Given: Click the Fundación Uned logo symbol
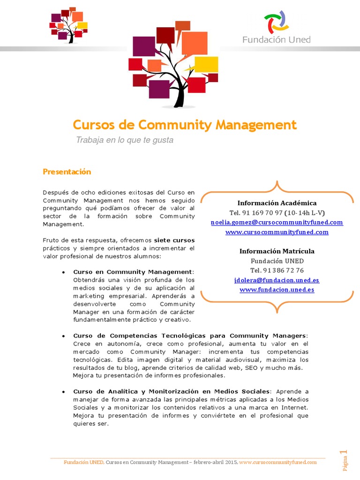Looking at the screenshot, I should (x=277, y=22).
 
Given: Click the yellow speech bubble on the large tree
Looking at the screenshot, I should (x=206, y=64).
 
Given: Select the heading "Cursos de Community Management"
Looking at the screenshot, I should (x=185, y=125).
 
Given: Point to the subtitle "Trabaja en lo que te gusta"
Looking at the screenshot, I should (x=125, y=140).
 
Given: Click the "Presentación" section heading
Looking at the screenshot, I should (x=67, y=172).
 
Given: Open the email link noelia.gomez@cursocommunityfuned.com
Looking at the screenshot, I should (x=277, y=222).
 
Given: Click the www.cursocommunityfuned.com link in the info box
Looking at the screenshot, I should (x=277, y=232).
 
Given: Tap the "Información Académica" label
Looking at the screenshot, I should (x=277, y=203).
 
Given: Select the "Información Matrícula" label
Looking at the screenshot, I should (x=277, y=251).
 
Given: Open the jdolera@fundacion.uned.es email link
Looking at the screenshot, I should (x=277, y=280).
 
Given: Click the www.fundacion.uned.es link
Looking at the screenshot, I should (x=277, y=290).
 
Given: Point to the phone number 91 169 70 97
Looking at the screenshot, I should (x=262, y=213).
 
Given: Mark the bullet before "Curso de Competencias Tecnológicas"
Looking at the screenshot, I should (x=63, y=336).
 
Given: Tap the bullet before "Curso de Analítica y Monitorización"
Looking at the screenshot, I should (x=63, y=391).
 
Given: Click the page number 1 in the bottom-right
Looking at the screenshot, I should (x=346, y=452).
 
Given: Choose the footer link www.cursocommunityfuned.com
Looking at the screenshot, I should (x=278, y=462).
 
